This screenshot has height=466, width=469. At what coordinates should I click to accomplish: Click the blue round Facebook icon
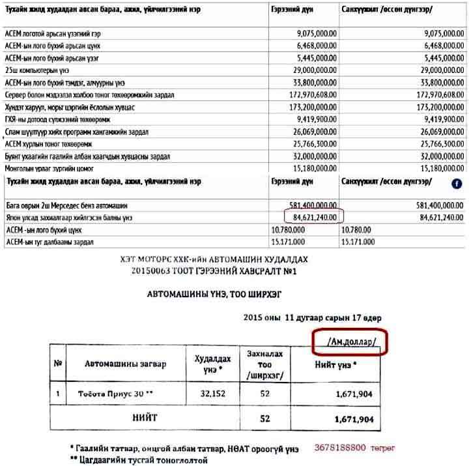pos(456,184)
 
